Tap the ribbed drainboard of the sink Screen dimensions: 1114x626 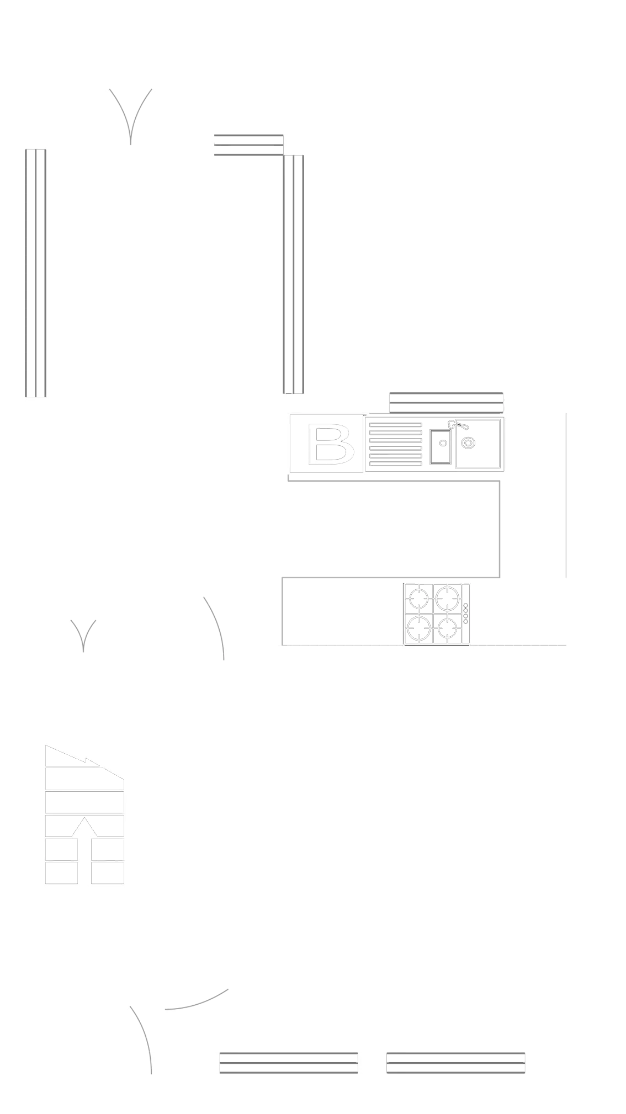pos(395,444)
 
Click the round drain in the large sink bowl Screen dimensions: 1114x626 pos(468,443)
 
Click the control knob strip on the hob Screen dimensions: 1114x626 pos(465,612)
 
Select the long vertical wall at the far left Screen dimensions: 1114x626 pos(35,273)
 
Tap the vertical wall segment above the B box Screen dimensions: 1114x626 pos(294,274)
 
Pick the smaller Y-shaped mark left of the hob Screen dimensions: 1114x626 pos(83,635)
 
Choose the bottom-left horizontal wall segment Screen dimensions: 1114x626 pos(289,1063)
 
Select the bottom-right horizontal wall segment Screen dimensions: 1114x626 pos(455,1063)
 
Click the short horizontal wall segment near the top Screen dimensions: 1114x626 pos(247,145)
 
